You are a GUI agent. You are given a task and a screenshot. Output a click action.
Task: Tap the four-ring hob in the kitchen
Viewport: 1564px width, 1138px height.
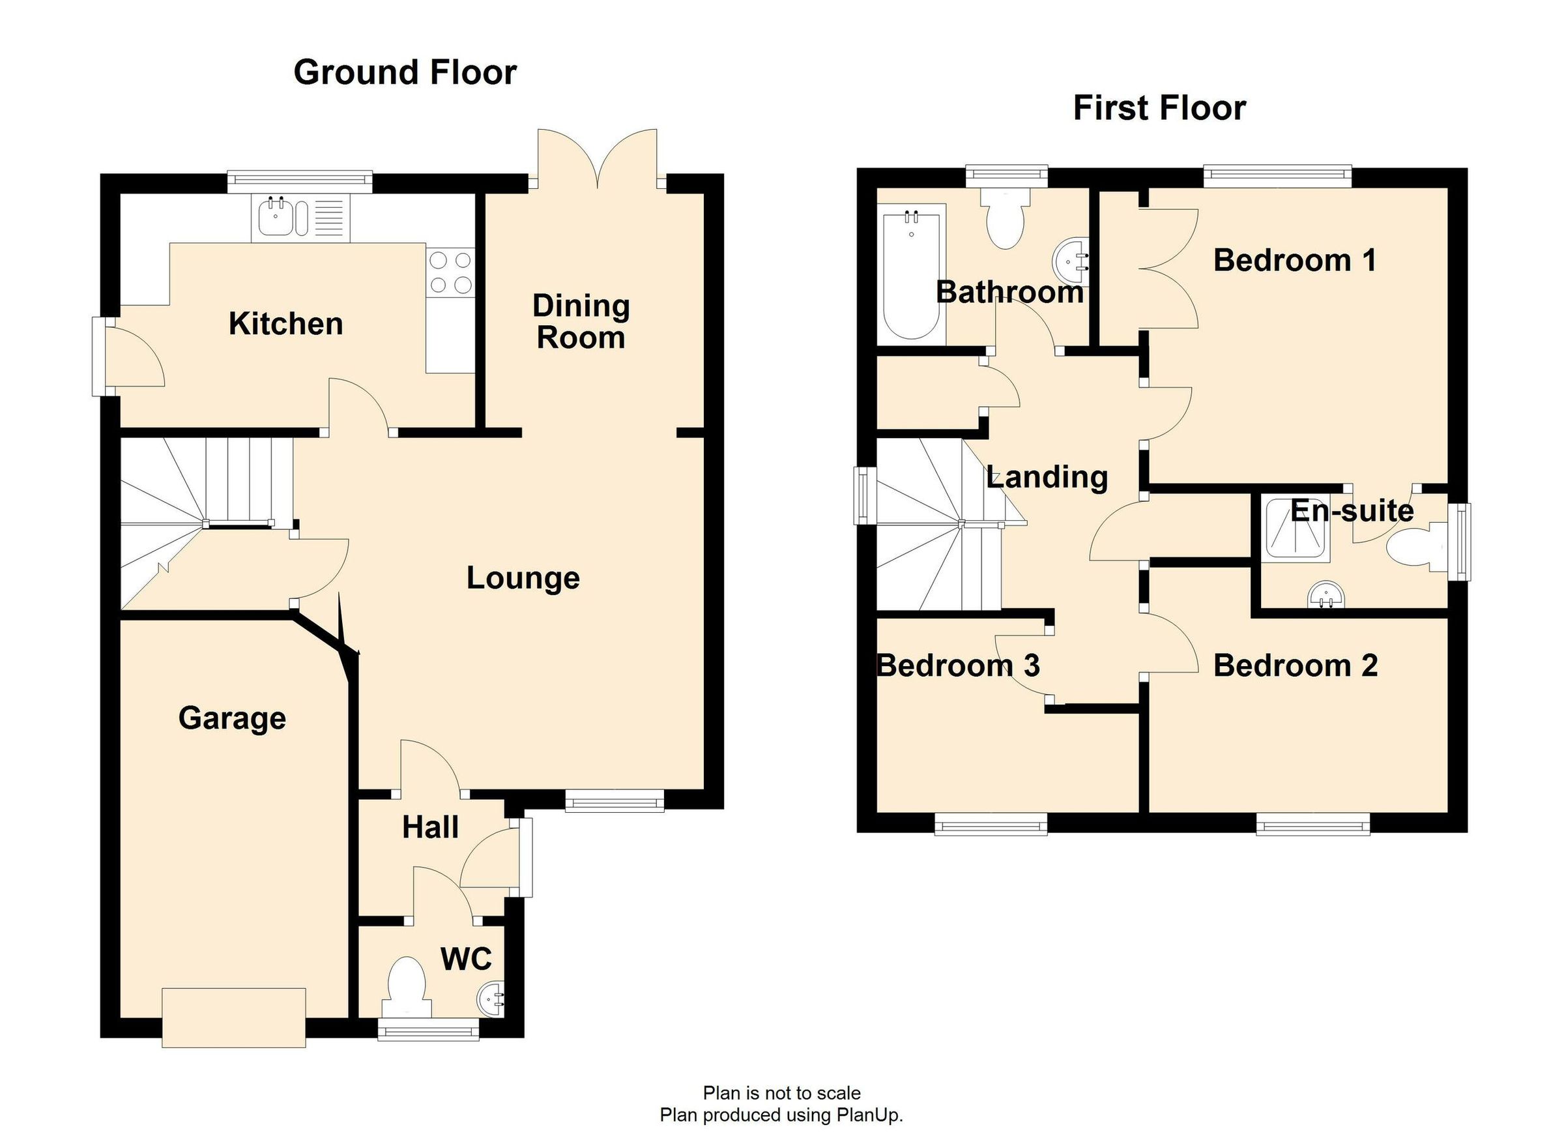tap(450, 272)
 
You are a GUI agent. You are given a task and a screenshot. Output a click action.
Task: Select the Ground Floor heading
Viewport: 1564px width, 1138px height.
tap(405, 72)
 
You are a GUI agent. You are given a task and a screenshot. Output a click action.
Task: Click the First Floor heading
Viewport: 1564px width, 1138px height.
tap(1159, 108)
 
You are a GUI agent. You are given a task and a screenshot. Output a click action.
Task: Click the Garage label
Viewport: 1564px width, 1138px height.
tap(232, 718)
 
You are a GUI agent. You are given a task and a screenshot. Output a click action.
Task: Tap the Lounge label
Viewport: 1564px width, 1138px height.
tap(523, 578)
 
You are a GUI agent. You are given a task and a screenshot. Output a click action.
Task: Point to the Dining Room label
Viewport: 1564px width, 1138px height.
tap(581, 322)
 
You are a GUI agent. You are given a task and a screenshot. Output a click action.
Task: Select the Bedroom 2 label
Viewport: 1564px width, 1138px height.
tap(1295, 665)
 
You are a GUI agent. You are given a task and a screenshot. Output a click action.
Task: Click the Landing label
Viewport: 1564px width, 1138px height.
tap(1047, 476)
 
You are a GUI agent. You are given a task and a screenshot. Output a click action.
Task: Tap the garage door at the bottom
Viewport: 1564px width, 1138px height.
tap(234, 1017)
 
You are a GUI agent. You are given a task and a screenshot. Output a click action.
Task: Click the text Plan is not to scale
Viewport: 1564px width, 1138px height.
tap(781, 1093)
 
